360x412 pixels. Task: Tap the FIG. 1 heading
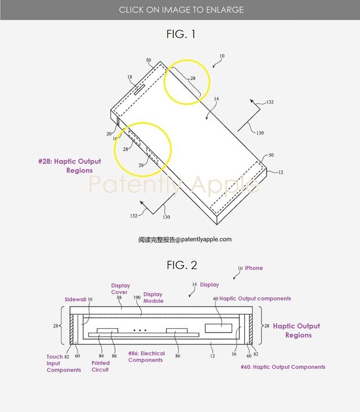[x=181, y=34]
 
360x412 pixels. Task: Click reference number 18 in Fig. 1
[x=130, y=78]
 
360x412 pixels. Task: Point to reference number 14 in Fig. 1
[x=215, y=99]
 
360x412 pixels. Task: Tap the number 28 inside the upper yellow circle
[x=192, y=78]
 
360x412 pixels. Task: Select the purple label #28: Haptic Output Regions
[x=69, y=165]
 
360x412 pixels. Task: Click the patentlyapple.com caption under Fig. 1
[x=185, y=239]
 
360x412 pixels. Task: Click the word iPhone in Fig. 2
[x=254, y=268]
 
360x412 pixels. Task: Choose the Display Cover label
[x=119, y=289]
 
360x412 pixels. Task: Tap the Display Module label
[x=153, y=297]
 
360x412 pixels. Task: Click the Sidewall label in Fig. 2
[x=75, y=299]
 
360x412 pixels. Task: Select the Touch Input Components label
[x=63, y=363]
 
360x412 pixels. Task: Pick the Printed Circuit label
[x=101, y=366]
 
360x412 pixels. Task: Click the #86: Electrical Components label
[x=146, y=357]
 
